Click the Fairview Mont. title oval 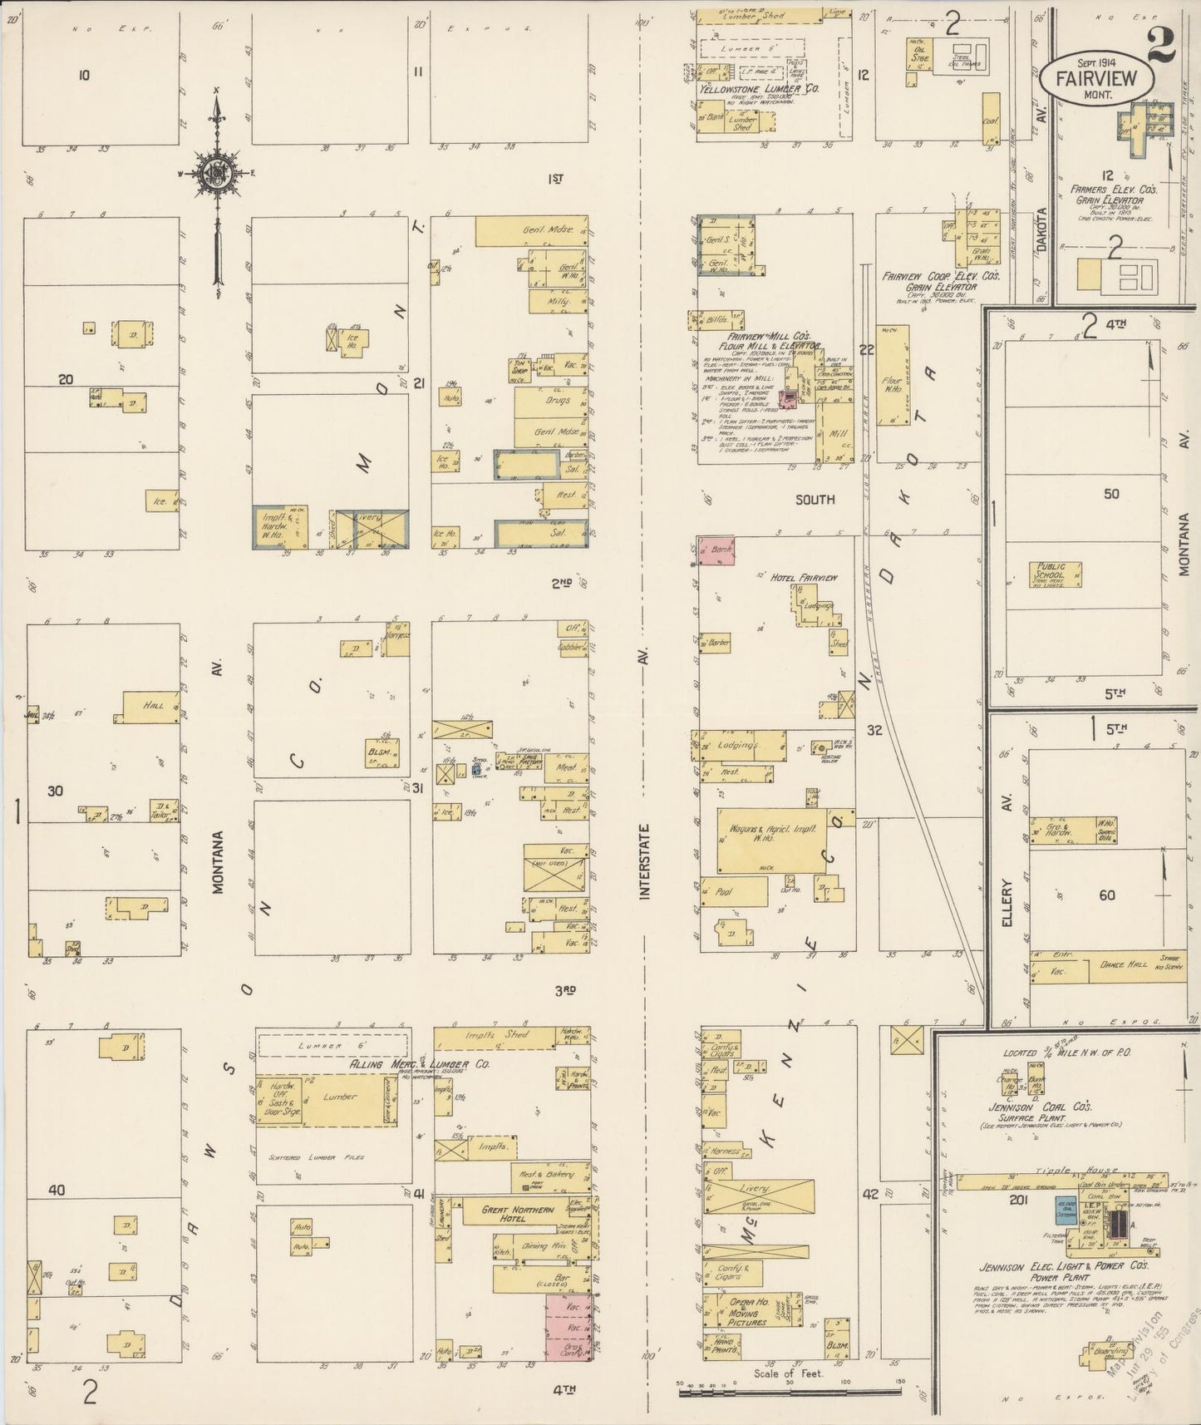pos(1096,76)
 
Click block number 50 pos(1111,494)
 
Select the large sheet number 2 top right pos(1160,47)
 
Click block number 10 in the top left pos(83,76)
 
